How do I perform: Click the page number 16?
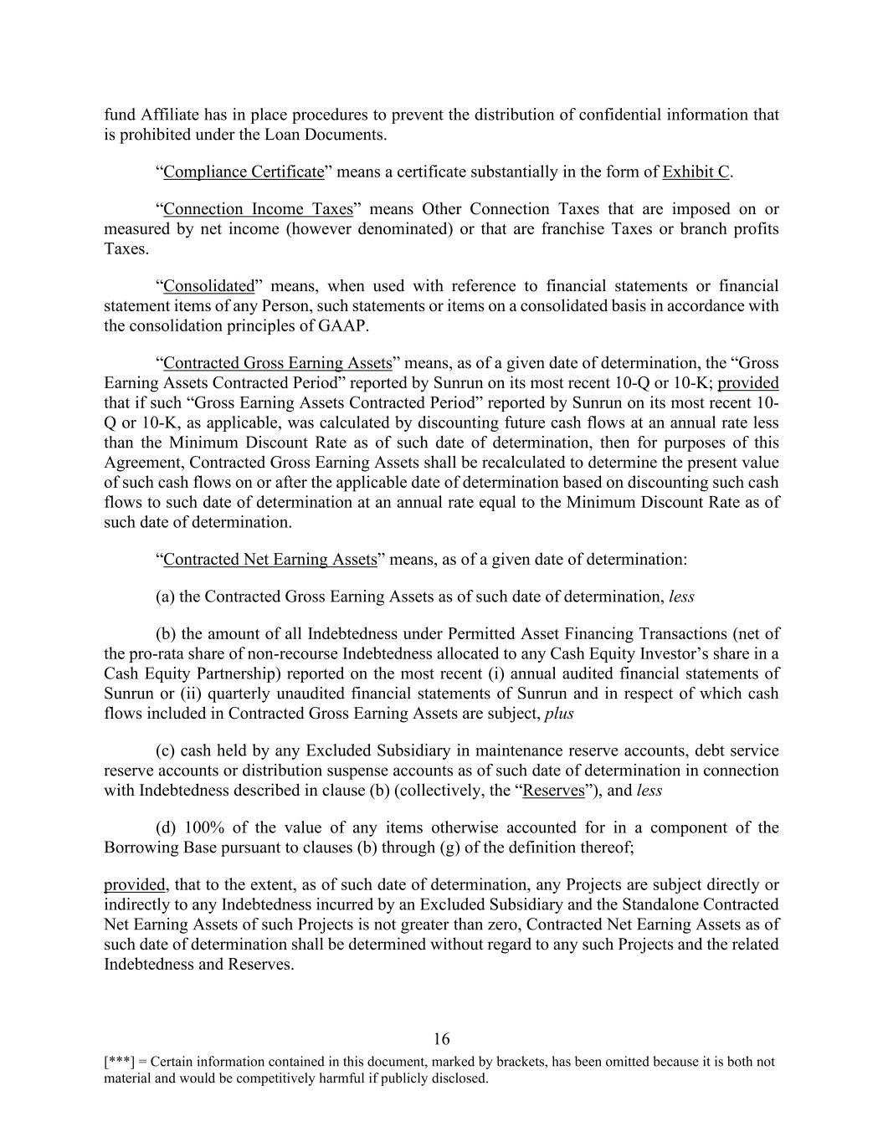tap(442, 1039)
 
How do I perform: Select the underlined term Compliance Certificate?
tap(244, 172)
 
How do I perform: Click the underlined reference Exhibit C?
tap(696, 172)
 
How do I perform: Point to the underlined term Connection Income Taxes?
tap(258, 208)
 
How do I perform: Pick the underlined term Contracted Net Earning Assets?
tap(270, 559)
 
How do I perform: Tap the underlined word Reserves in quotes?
tap(553, 790)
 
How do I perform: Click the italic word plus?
tap(559, 713)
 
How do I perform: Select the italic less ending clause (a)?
tap(681, 597)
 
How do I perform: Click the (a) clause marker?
tap(165, 597)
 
